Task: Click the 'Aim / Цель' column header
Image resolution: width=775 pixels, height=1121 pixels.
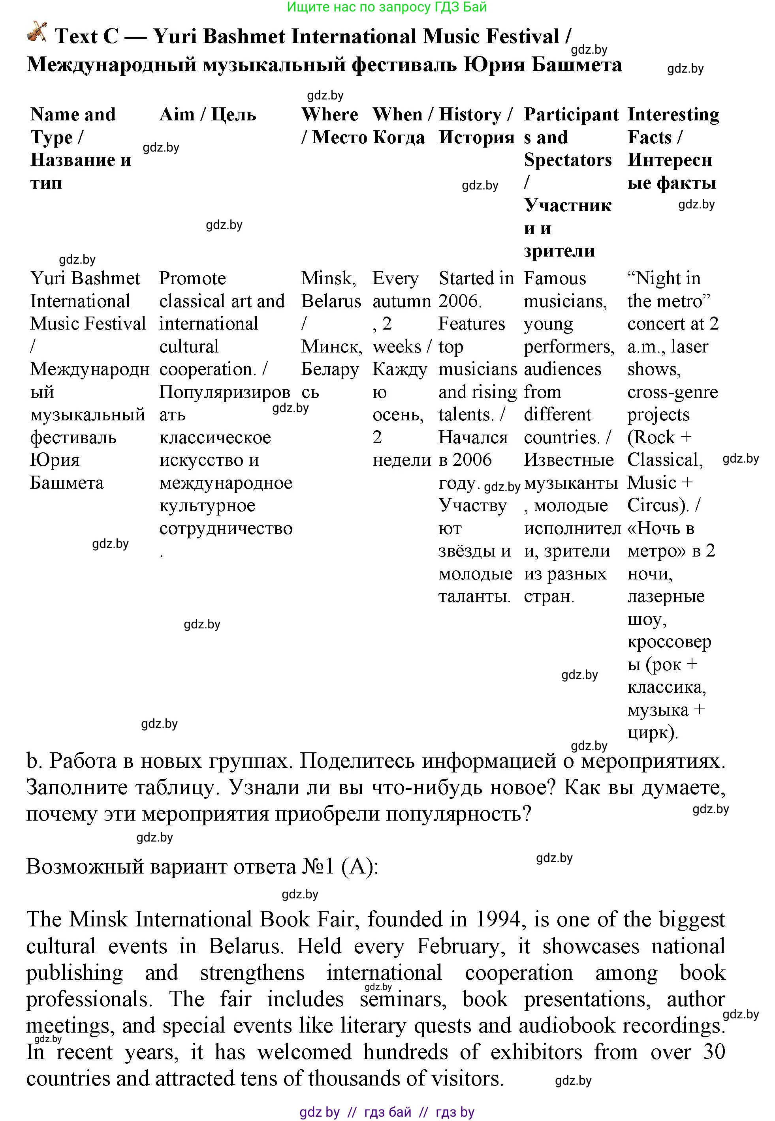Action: pos(207,114)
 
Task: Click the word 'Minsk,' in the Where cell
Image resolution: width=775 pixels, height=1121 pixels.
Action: pos(328,279)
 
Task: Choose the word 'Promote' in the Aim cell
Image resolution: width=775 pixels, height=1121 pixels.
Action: pos(192,279)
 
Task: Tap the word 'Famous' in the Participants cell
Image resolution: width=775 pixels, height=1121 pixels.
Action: pos(555,279)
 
